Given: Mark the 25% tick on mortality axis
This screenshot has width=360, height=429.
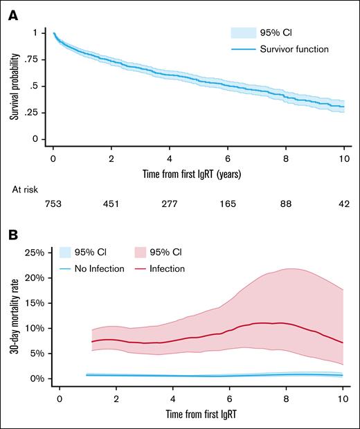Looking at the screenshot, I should [34, 253].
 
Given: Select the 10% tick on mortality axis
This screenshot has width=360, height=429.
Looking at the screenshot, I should [34, 328].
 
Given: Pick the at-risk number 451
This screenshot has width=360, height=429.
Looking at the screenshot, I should [111, 203].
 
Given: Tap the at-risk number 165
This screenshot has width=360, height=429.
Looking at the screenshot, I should [228, 203].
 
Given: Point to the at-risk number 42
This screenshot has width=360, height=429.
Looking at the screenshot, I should [344, 203].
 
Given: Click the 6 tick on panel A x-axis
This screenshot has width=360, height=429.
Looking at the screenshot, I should [228, 157].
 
